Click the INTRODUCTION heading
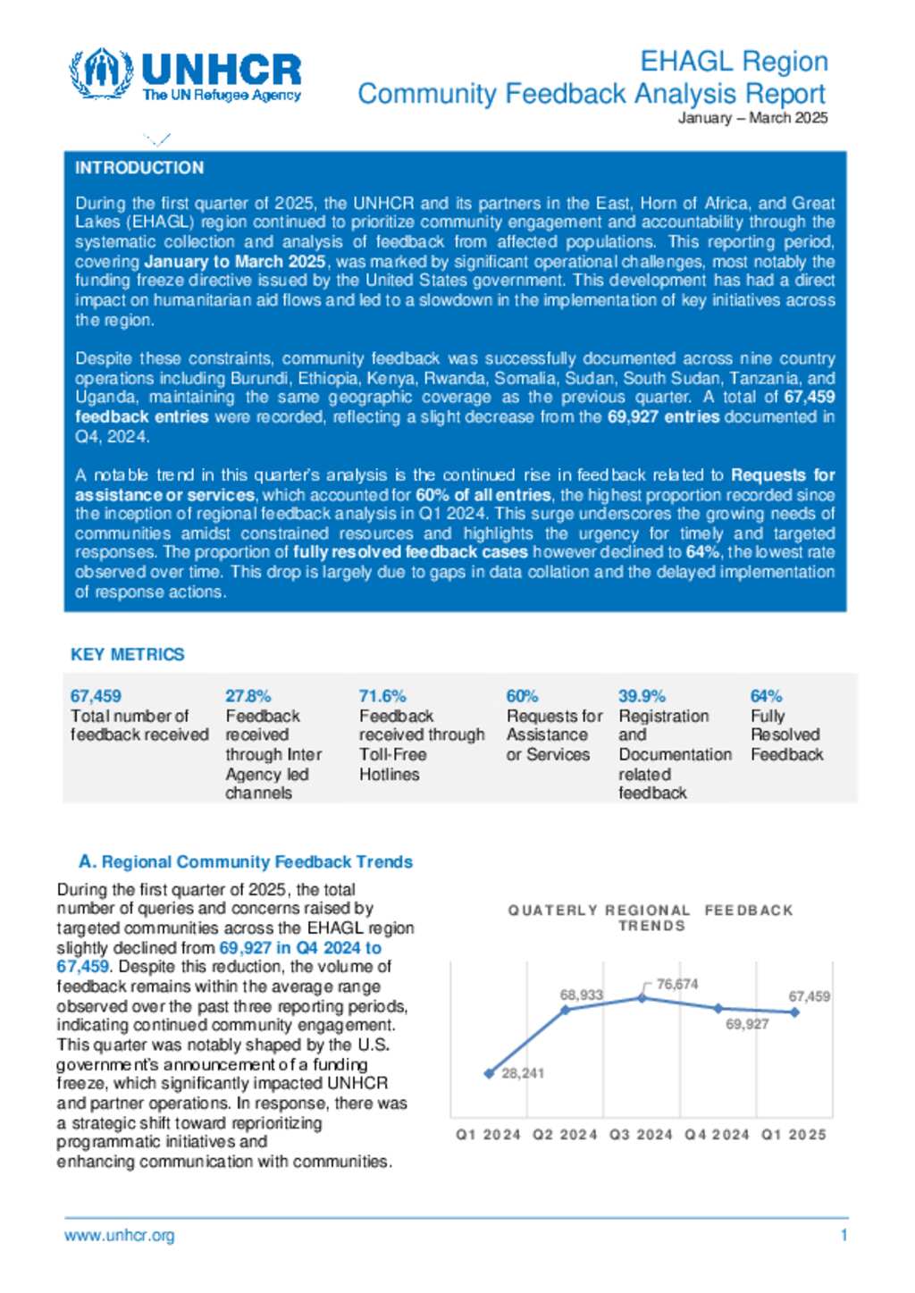coord(139,168)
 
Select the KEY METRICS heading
coord(128,655)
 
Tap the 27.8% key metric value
coord(248,696)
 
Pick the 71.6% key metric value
coord(382,696)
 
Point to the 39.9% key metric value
coord(642,696)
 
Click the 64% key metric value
coord(766,696)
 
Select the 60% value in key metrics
coord(522,696)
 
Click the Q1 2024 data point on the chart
coord(489,1073)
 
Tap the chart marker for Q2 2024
coord(566,1010)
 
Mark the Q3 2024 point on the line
coord(642,997)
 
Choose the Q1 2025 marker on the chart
coord(795,1012)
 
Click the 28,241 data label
coord(523,1073)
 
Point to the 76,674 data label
coord(677,984)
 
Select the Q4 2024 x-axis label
coord(717,1135)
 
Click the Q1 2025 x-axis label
coord(793,1135)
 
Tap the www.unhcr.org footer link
coord(120,1236)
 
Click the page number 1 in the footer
coord(844,1236)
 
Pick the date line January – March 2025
coord(752,118)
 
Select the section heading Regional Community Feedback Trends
coord(246,862)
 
